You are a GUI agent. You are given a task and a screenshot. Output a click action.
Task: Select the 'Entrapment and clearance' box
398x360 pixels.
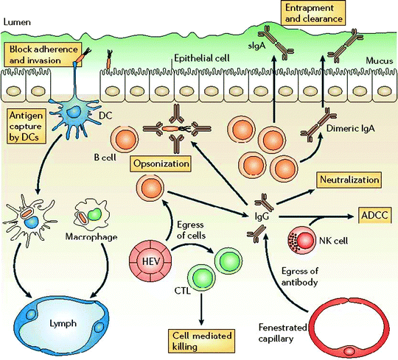point(308,13)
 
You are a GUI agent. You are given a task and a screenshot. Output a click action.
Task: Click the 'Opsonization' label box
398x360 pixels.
point(161,163)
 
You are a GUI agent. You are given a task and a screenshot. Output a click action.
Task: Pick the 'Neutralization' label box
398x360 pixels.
point(348,179)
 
